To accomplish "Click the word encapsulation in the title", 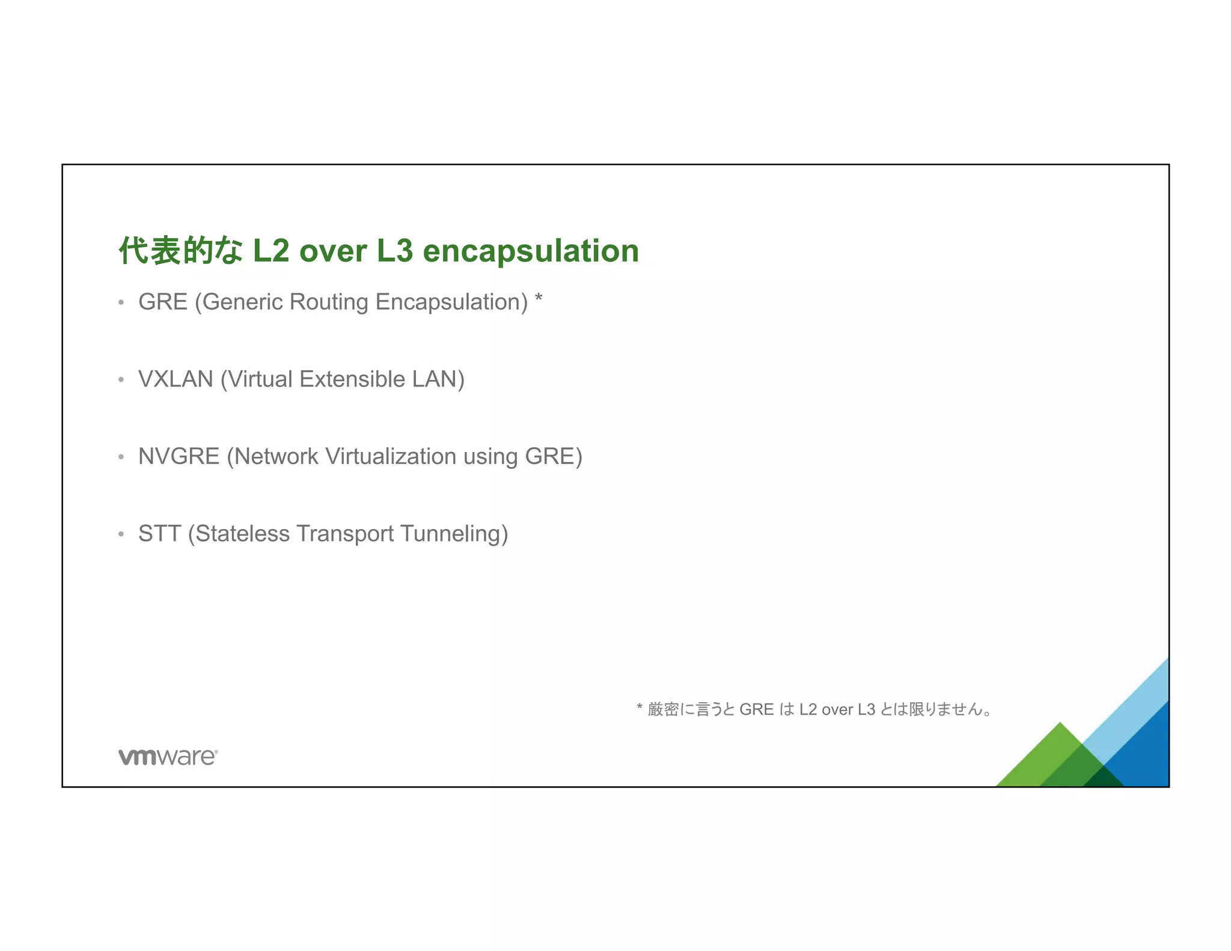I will coord(531,251).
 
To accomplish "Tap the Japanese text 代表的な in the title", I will coord(180,251).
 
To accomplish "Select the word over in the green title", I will coord(333,251).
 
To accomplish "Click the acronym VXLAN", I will coord(176,379).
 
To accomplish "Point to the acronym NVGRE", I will coord(179,456).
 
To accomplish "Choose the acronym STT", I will coord(159,534).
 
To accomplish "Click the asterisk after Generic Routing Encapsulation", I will coord(539,299).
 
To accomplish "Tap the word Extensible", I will coord(352,379).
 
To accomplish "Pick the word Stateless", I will coord(242,534).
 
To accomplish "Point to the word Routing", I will coord(329,302).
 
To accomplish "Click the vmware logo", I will coord(168,757).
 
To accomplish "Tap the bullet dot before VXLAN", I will coord(121,380).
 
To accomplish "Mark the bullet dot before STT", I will coord(121,534).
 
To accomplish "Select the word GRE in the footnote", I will coord(756,710).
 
